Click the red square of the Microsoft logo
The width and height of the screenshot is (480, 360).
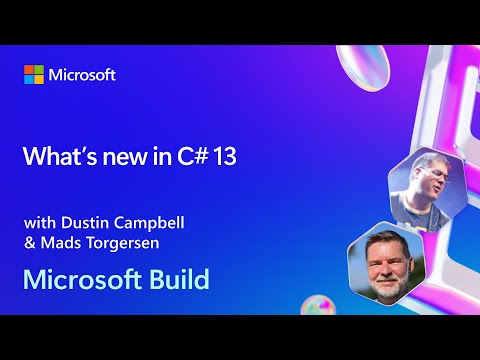pyautogui.click(x=29, y=70)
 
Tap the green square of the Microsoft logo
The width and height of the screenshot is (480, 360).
pyautogui.click(x=39, y=70)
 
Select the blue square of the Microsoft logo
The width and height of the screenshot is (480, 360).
pyautogui.click(x=29, y=80)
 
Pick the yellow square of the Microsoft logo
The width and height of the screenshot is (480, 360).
pyautogui.click(x=39, y=80)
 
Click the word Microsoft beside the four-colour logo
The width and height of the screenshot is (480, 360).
pyautogui.click(x=83, y=75)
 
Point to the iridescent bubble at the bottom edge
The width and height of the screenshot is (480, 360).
pyautogui.click(x=317, y=305)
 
